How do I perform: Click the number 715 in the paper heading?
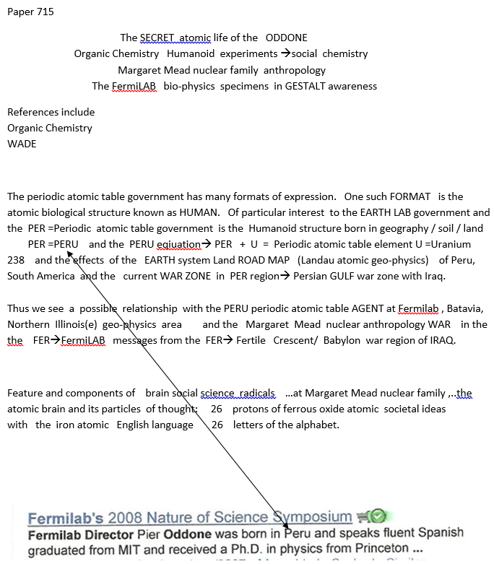(x=45, y=12)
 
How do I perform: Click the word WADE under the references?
(x=22, y=143)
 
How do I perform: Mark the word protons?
(x=253, y=409)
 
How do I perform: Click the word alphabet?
(x=316, y=425)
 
